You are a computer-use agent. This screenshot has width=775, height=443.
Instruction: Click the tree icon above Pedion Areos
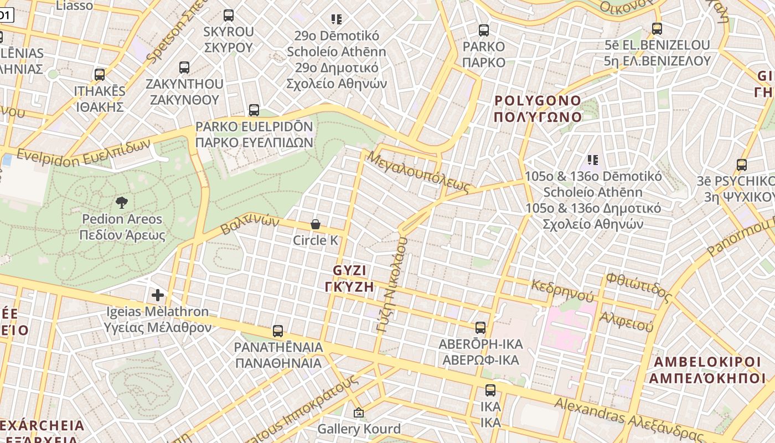tap(122, 202)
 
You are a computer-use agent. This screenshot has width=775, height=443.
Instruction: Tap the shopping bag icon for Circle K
tap(315, 224)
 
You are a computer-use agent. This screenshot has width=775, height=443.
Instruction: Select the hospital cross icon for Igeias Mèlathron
tap(158, 295)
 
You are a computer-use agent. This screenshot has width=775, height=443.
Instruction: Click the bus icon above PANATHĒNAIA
tap(278, 331)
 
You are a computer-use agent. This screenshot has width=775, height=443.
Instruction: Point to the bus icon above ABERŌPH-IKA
tap(480, 328)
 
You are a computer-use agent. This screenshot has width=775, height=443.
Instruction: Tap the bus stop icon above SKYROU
tap(229, 16)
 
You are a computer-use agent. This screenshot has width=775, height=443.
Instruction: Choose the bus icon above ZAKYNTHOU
tap(184, 68)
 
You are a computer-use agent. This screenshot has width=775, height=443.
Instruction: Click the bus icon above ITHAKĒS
tap(100, 74)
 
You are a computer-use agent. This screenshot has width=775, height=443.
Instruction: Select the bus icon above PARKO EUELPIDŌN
tap(254, 110)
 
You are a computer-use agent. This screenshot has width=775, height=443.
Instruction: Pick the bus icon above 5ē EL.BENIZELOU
tap(657, 29)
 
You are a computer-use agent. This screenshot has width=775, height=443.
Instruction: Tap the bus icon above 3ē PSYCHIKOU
tap(742, 165)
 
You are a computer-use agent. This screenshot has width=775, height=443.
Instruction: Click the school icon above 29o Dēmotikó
tap(337, 19)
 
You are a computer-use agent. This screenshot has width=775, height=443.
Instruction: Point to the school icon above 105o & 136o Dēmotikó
tap(593, 160)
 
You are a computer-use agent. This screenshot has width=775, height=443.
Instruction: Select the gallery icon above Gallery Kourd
tap(359, 413)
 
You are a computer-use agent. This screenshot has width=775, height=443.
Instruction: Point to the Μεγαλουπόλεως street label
tap(418, 170)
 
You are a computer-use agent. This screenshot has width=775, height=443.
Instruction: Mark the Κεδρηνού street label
tap(562, 290)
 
